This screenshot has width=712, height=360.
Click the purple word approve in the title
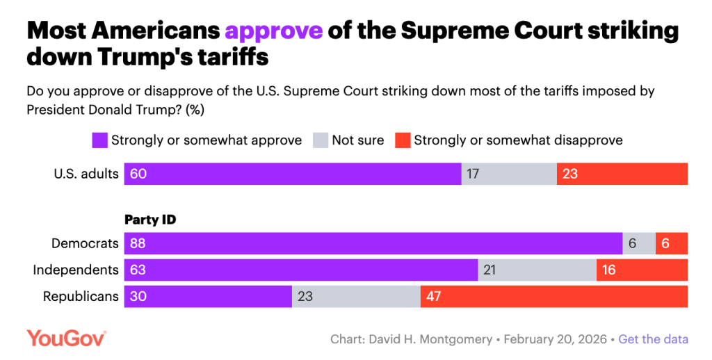click(x=273, y=31)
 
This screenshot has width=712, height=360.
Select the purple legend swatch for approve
click(x=99, y=140)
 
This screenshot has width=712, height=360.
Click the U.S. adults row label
click(x=87, y=174)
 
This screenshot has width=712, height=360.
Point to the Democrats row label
click(x=85, y=243)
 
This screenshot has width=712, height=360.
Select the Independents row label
click(x=76, y=270)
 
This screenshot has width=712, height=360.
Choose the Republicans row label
click(x=81, y=296)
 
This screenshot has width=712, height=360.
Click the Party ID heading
click(x=149, y=220)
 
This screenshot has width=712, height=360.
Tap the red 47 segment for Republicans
click(x=553, y=296)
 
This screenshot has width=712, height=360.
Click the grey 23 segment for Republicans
click(x=356, y=296)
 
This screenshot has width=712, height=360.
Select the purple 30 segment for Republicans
click(x=208, y=296)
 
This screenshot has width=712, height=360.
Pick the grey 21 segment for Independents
click(x=537, y=270)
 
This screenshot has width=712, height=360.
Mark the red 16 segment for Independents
click(x=642, y=270)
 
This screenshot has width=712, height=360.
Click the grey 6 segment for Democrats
click(x=638, y=243)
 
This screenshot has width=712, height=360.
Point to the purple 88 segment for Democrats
click(x=373, y=243)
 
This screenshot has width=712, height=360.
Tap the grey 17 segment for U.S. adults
click(x=509, y=174)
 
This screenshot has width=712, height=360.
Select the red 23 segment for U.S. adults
click(x=622, y=174)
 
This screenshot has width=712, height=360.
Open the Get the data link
click(x=653, y=339)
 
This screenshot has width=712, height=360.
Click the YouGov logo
click(x=66, y=338)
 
